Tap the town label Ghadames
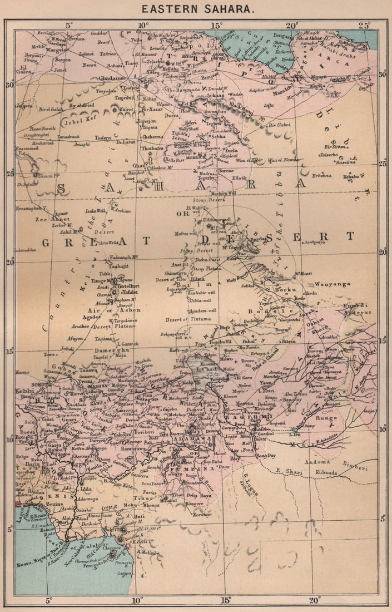coord(113,79)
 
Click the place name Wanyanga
coord(333,284)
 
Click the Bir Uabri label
coord(280,126)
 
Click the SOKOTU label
coord(25,384)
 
